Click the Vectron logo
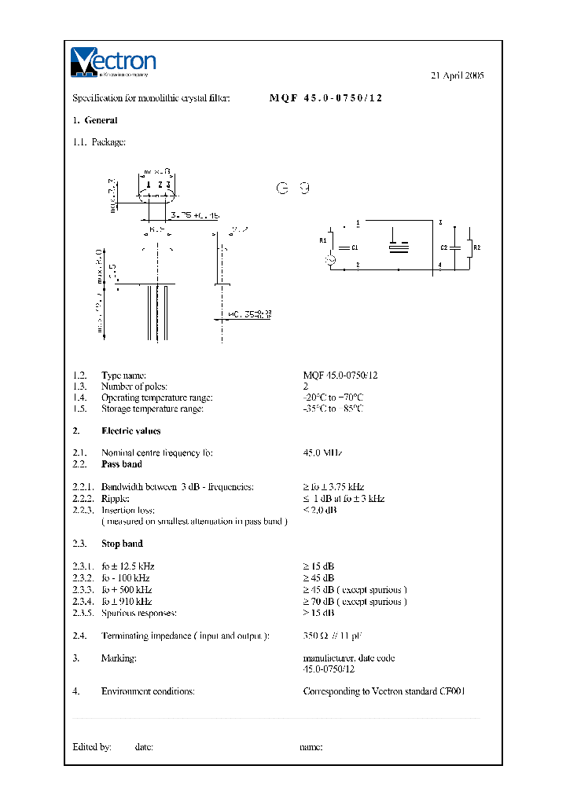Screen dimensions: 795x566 point(113,63)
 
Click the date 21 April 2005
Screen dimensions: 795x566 point(458,76)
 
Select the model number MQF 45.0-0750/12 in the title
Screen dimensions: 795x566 point(326,99)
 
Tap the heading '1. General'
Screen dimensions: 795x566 point(95,121)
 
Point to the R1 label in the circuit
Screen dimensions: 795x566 point(322,241)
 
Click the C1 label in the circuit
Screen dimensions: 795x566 point(355,247)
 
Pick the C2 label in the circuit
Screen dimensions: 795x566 point(444,247)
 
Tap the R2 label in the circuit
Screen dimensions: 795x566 point(476,247)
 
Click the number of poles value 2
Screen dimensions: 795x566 point(306,387)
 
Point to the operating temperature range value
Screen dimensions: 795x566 point(333,397)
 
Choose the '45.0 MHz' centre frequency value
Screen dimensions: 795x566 point(322,453)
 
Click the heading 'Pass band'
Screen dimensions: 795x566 point(122,464)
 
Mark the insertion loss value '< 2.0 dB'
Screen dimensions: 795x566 point(320,510)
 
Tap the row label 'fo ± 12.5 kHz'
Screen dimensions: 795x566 point(127,566)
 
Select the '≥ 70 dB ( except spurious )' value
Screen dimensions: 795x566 point(355,602)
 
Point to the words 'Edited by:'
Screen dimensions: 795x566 point(92,747)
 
